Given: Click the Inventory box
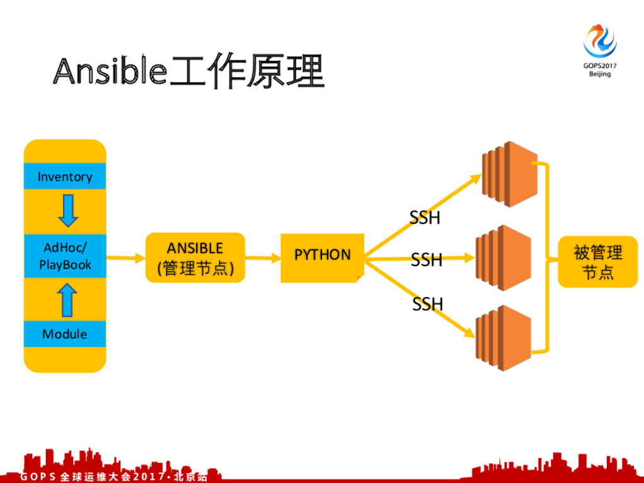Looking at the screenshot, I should point(65,177).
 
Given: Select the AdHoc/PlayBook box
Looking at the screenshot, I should point(65,256).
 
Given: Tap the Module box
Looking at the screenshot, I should point(65,334).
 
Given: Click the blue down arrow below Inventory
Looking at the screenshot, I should point(67,210).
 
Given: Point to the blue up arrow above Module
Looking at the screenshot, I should point(67,300).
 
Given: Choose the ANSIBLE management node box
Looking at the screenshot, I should point(195,258).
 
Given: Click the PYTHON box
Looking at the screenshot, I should point(322,255).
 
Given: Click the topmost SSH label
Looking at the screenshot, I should point(425,218).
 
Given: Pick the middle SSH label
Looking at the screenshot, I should point(426,260).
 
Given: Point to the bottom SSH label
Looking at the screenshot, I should point(428,304).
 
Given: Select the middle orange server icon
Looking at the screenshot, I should point(503,258).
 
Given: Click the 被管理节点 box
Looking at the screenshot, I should point(597,262).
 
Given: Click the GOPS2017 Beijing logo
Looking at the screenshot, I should point(600,50).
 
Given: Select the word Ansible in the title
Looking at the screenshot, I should point(111,71).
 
